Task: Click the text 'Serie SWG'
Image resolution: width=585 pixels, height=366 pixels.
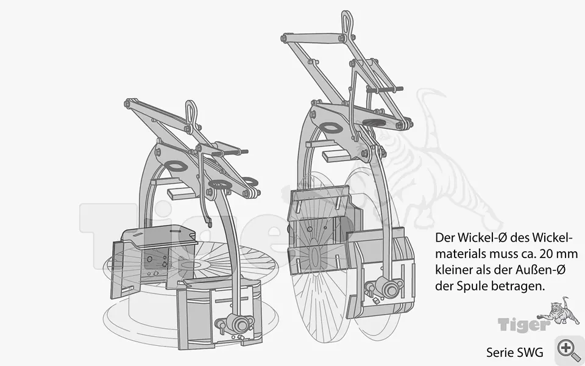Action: [x=514, y=352]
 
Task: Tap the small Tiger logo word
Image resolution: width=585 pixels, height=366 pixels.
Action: [x=523, y=325]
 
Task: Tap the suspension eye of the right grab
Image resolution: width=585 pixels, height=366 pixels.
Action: [x=347, y=23]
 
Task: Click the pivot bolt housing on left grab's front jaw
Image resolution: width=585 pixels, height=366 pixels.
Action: [x=238, y=323]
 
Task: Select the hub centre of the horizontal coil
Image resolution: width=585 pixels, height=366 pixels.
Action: [x=195, y=265]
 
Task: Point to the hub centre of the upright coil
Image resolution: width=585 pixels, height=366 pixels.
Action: [x=314, y=257]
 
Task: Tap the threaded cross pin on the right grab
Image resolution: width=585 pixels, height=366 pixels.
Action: [x=385, y=90]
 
